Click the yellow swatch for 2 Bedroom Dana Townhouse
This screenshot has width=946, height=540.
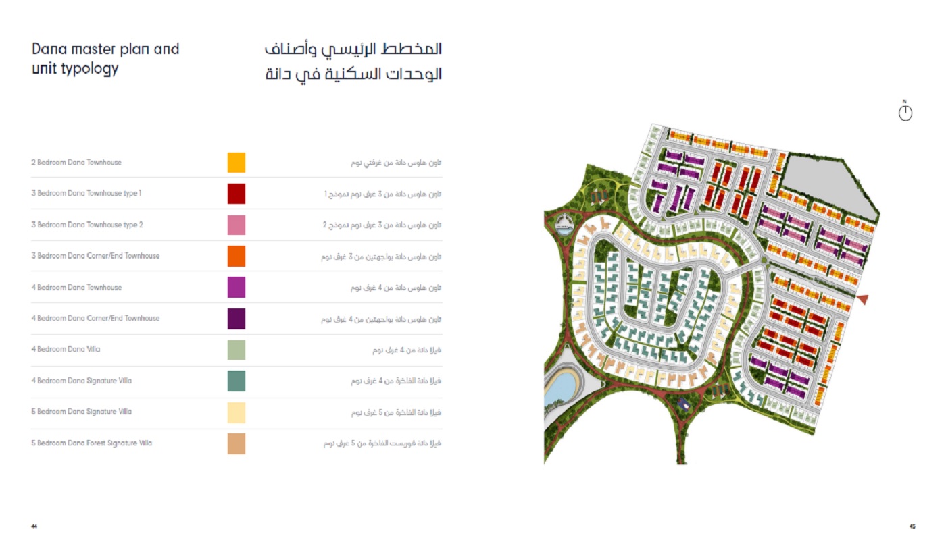coord(236,163)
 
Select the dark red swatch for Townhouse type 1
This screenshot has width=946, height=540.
coord(236,194)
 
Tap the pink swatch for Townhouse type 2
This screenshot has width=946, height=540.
coord(236,225)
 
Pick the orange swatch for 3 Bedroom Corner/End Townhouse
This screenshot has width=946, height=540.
coord(236,256)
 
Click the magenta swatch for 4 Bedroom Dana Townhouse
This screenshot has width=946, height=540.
coord(236,288)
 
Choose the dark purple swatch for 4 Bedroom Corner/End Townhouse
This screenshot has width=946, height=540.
coord(236,319)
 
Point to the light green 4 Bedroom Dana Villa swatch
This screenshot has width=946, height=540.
coord(236,350)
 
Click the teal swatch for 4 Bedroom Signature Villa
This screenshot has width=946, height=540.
coord(236,381)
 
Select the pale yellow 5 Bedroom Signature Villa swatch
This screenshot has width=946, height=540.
coord(236,412)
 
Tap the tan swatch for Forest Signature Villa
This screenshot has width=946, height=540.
coord(236,443)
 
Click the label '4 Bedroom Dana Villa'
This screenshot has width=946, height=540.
coord(66,350)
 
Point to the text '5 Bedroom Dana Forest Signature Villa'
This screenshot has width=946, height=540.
coord(91,443)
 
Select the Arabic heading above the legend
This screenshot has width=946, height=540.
coord(353,61)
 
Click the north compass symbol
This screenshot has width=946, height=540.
coord(905,112)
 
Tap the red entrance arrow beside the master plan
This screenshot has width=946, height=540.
coord(862,299)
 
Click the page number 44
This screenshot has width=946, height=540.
coord(34,526)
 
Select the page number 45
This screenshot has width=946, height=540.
coord(912,526)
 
